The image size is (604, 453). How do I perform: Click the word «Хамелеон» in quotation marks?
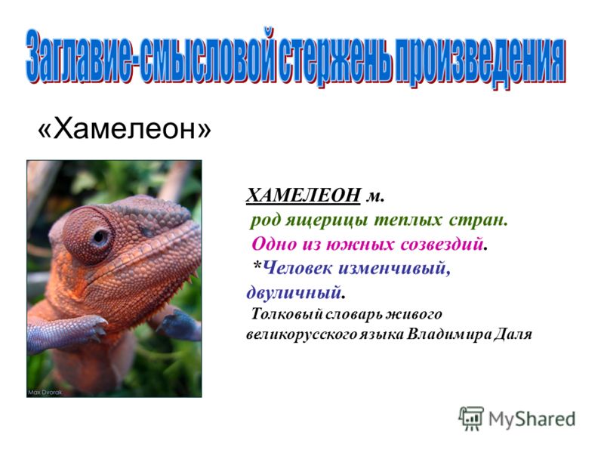[x=124, y=128]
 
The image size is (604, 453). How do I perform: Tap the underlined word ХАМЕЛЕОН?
[x=304, y=196]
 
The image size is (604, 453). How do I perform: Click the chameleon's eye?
[x=100, y=237]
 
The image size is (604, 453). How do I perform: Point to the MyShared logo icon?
[x=471, y=418]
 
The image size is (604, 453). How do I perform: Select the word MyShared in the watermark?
[x=532, y=419]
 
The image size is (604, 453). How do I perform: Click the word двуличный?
[x=294, y=292]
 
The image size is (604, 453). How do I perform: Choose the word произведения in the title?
[x=479, y=61]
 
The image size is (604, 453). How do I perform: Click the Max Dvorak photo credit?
[x=45, y=393]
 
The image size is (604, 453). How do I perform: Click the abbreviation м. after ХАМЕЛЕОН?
[x=374, y=197]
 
